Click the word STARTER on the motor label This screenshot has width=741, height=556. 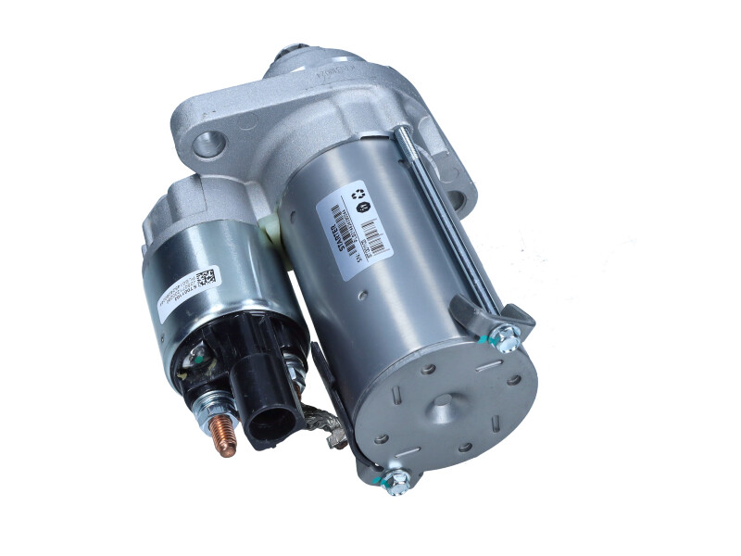[x=333, y=231]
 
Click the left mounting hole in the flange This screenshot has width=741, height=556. [x=208, y=145]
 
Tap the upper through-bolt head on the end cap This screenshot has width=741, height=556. [x=507, y=338]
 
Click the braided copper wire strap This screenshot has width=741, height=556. [x=322, y=423]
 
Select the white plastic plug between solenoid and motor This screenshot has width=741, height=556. [x=271, y=226]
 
